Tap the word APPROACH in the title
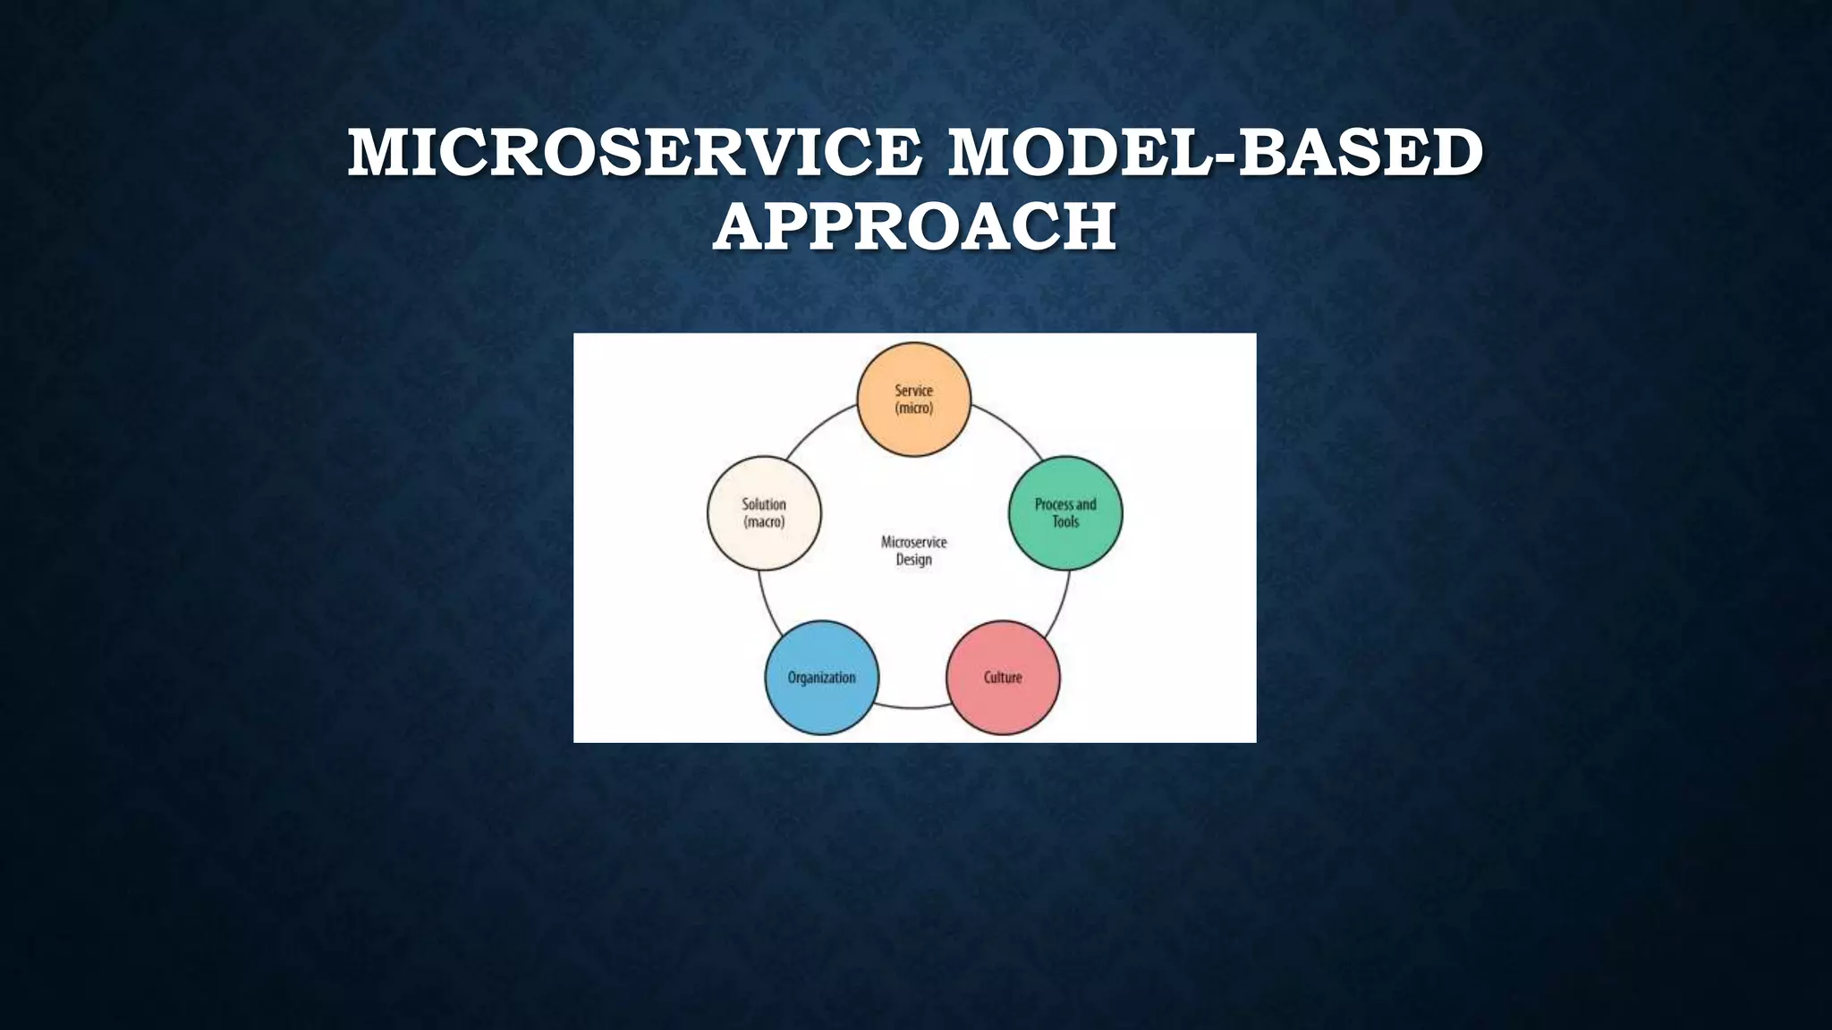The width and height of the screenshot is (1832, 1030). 914,226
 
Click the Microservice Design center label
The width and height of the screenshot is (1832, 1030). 913,551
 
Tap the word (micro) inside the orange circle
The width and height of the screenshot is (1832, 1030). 913,409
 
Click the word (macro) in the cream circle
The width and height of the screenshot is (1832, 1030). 764,522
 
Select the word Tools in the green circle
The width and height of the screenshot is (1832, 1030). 1065,522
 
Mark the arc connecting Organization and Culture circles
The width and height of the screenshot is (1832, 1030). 912,707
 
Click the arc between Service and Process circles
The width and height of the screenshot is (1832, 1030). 1011,427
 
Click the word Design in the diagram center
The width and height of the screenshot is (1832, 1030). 913,560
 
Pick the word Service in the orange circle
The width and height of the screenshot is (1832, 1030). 913,391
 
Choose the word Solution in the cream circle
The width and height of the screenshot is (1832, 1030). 764,504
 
